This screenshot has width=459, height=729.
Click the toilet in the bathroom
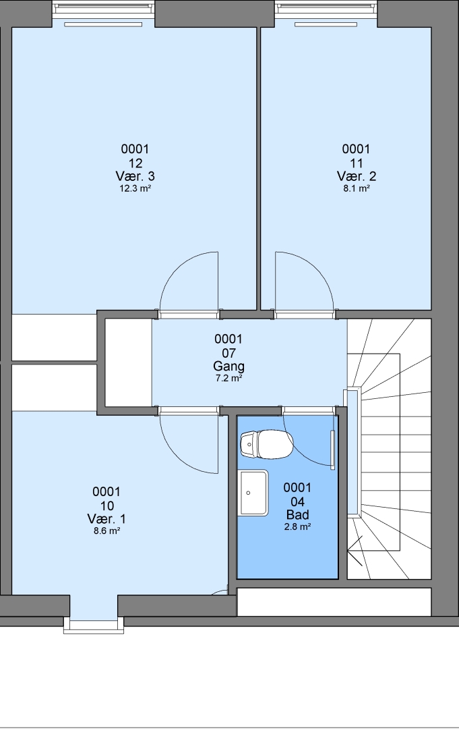click(267, 444)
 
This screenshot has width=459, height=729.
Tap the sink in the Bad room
click(253, 493)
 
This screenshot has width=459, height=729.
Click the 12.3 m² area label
click(135, 188)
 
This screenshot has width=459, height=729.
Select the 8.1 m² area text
click(356, 188)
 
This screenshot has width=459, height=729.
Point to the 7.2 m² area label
click(228, 378)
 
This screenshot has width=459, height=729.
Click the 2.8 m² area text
click(297, 526)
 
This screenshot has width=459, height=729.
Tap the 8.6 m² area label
click(106, 531)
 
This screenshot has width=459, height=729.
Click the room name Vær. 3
click(135, 176)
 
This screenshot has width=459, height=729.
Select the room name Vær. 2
click(357, 176)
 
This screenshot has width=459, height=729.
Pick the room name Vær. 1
click(106, 518)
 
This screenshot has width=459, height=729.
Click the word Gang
click(228, 366)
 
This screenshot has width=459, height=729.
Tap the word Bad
click(297, 514)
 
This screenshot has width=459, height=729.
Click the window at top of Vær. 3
click(103, 10)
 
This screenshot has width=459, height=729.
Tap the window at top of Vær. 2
click(326, 10)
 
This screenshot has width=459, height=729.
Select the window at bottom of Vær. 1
click(94, 624)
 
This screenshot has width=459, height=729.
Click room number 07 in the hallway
click(228, 353)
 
